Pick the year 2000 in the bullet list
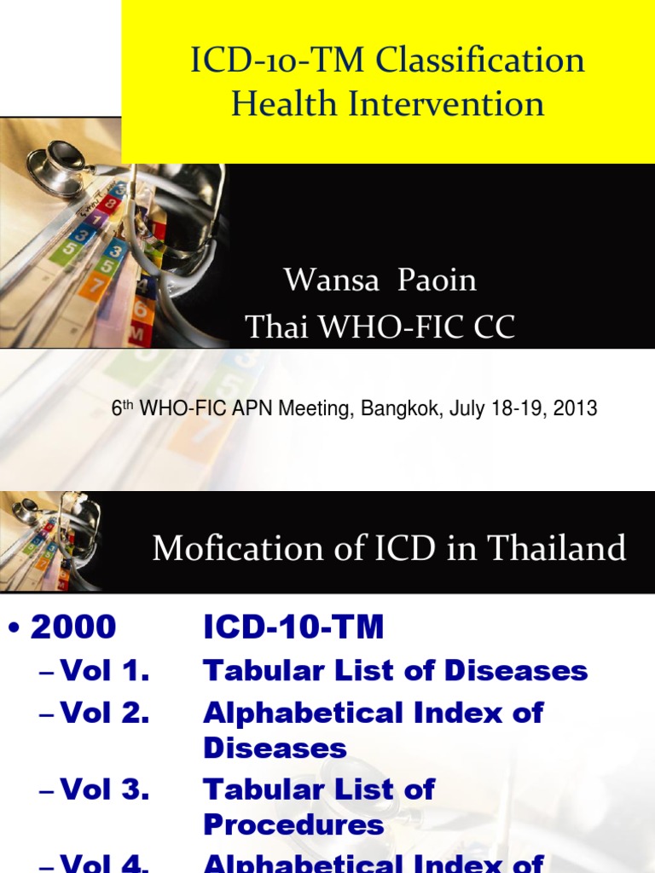pyautogui.click(x=73, y=628)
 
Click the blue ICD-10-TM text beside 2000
pyautogui.click(x=293, y=628)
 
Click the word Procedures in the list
pyautogui.click(x=293, y=825)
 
